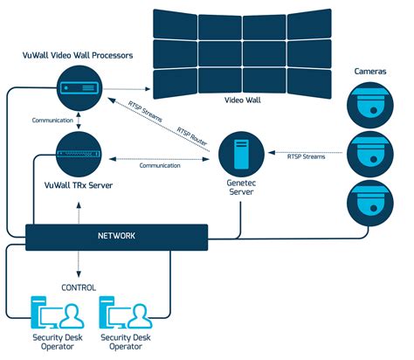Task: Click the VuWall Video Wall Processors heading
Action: click(x=77, y=56)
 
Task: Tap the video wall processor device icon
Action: click(x=79, y=87)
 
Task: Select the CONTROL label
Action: click(x=79, y=287)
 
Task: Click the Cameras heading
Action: click(x=371, y=70)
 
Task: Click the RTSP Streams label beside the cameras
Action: click(x=306, y=157)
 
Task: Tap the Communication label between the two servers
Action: click(x=160, y=164)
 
